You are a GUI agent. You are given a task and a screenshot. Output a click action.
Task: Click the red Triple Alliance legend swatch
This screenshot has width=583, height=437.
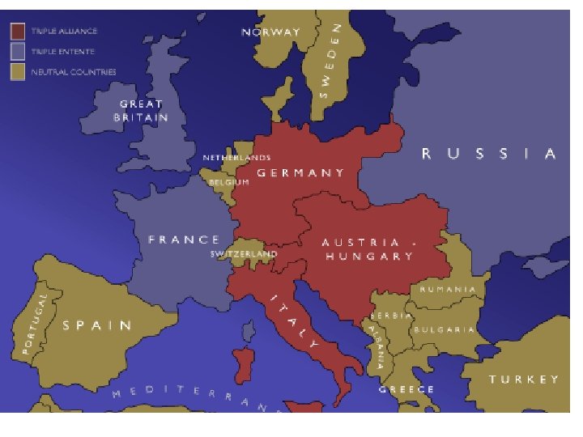19,31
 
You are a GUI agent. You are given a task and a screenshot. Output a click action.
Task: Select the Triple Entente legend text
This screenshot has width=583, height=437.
63,52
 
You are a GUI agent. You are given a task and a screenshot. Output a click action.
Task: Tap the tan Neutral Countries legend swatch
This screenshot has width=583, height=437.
19,72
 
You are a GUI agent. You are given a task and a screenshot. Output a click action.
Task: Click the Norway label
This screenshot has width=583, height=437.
271,32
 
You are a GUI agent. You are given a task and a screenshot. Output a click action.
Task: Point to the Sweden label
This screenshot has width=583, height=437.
333,62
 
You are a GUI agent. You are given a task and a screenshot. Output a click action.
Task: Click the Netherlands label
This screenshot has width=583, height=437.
236,157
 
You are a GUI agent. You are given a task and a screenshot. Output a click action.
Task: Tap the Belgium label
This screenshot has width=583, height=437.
229,182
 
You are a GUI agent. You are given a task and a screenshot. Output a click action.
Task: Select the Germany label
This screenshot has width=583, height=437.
300,172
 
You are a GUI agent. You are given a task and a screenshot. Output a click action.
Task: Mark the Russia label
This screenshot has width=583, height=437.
490,154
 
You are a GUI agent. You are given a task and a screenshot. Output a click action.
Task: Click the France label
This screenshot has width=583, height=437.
184,240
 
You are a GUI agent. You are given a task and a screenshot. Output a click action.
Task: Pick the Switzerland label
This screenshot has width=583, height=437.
244,254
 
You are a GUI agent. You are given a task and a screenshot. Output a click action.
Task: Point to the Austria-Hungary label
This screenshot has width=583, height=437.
369,249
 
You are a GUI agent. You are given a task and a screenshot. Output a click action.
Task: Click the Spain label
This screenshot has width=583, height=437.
97,325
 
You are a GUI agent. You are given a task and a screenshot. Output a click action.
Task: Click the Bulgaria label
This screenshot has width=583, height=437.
444,330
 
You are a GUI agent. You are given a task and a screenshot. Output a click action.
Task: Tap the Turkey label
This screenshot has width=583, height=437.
523,379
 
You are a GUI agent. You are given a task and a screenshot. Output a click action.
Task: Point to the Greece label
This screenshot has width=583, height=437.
406,389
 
